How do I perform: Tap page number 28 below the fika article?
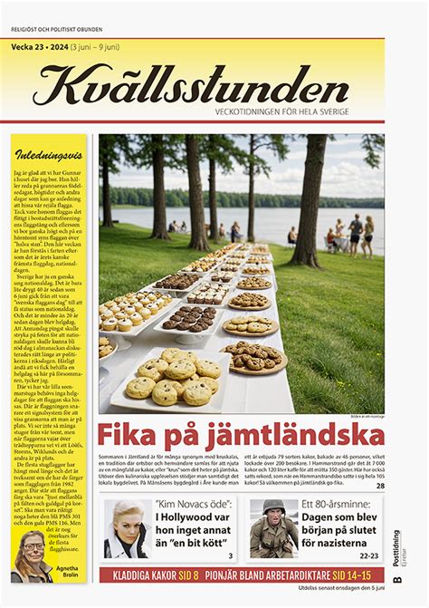tap(380, 487)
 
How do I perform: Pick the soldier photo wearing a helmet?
tap(271, 528)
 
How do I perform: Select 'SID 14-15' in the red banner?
tap(353, 575)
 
